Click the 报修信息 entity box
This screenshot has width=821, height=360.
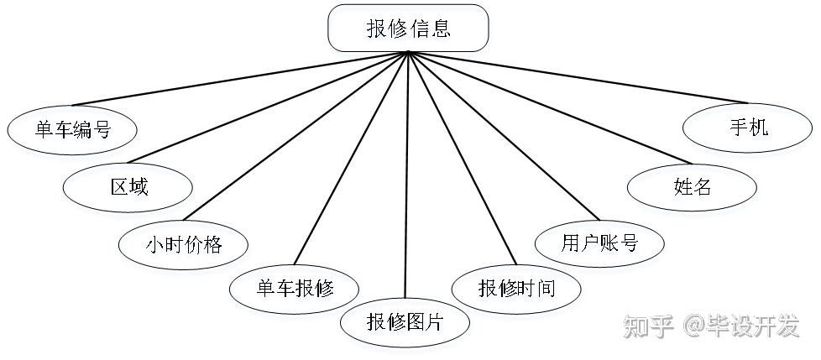coord(408,28)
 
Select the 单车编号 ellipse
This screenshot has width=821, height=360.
coord(72,129)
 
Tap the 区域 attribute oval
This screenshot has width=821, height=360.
coord(128,186)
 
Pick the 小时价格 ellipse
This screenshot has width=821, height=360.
coord(183,244)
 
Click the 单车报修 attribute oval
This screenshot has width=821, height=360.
coord(295,288)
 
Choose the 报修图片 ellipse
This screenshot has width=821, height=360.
coord(405,321)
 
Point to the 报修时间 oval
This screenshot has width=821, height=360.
coord(516,288)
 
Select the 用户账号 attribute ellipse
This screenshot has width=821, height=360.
coord(599,243)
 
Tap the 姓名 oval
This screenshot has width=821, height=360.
coord(692,186)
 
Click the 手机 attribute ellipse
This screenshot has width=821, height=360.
coord(748,128)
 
